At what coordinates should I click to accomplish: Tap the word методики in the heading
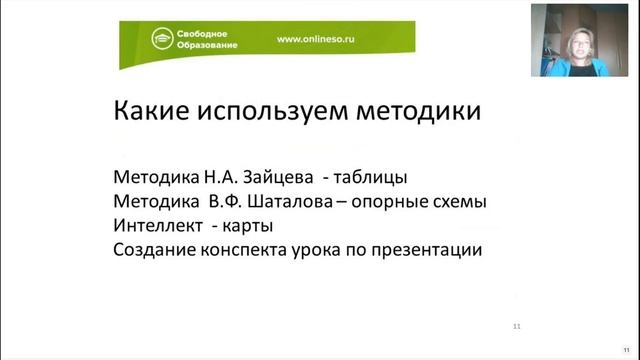click(417, 110)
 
